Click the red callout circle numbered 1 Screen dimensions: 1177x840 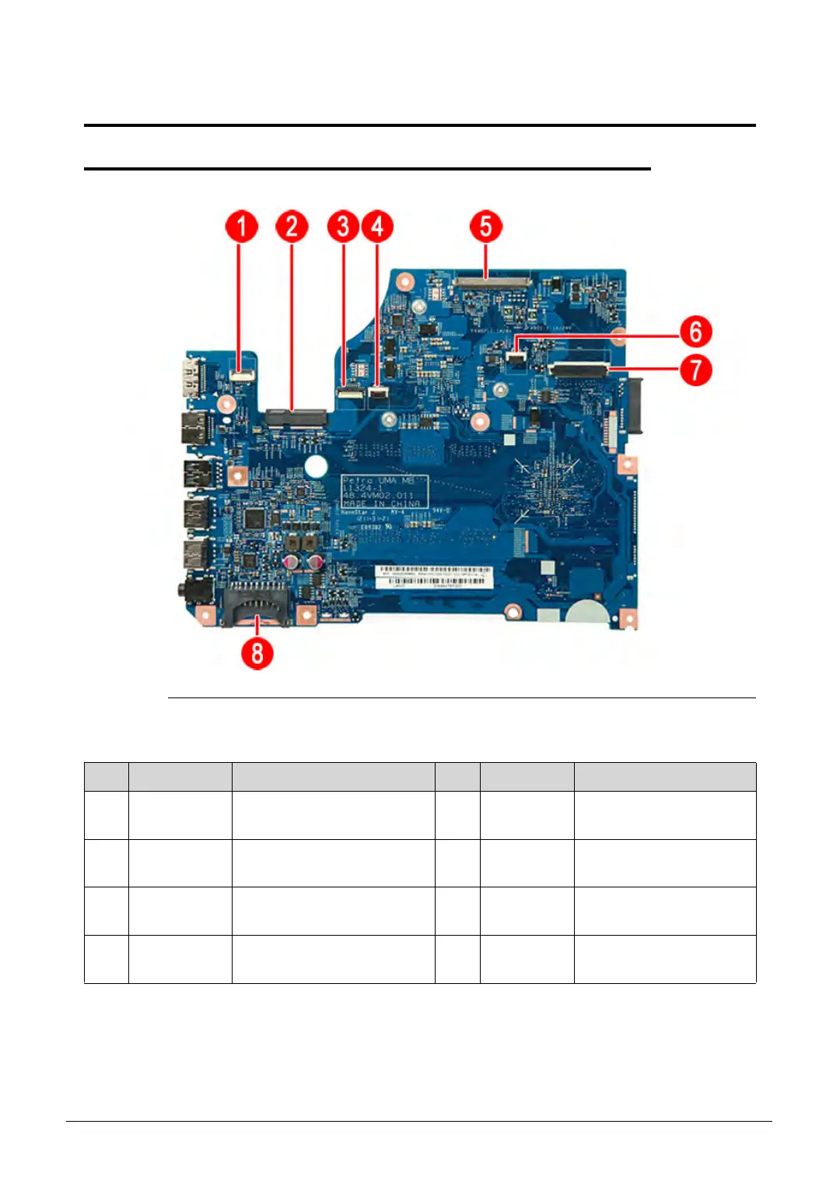point(241,227)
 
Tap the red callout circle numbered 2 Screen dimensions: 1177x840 point(292,227)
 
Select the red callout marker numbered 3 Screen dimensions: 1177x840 point(343,227)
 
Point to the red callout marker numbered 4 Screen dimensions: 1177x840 point(377,227)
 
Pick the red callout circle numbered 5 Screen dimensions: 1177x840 point(485,227)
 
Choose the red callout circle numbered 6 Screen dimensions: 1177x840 point(696,331)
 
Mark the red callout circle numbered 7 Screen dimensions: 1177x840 point(696,370)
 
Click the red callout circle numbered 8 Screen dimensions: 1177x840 point(257,652)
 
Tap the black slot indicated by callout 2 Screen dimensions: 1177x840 point(296,419)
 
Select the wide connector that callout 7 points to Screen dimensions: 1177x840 point(579,369)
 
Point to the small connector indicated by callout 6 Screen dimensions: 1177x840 point(516,357)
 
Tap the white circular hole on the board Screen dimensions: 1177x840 point(316,466)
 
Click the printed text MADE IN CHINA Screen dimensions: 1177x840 point(381,504)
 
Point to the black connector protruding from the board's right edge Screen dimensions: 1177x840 point(633,404)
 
